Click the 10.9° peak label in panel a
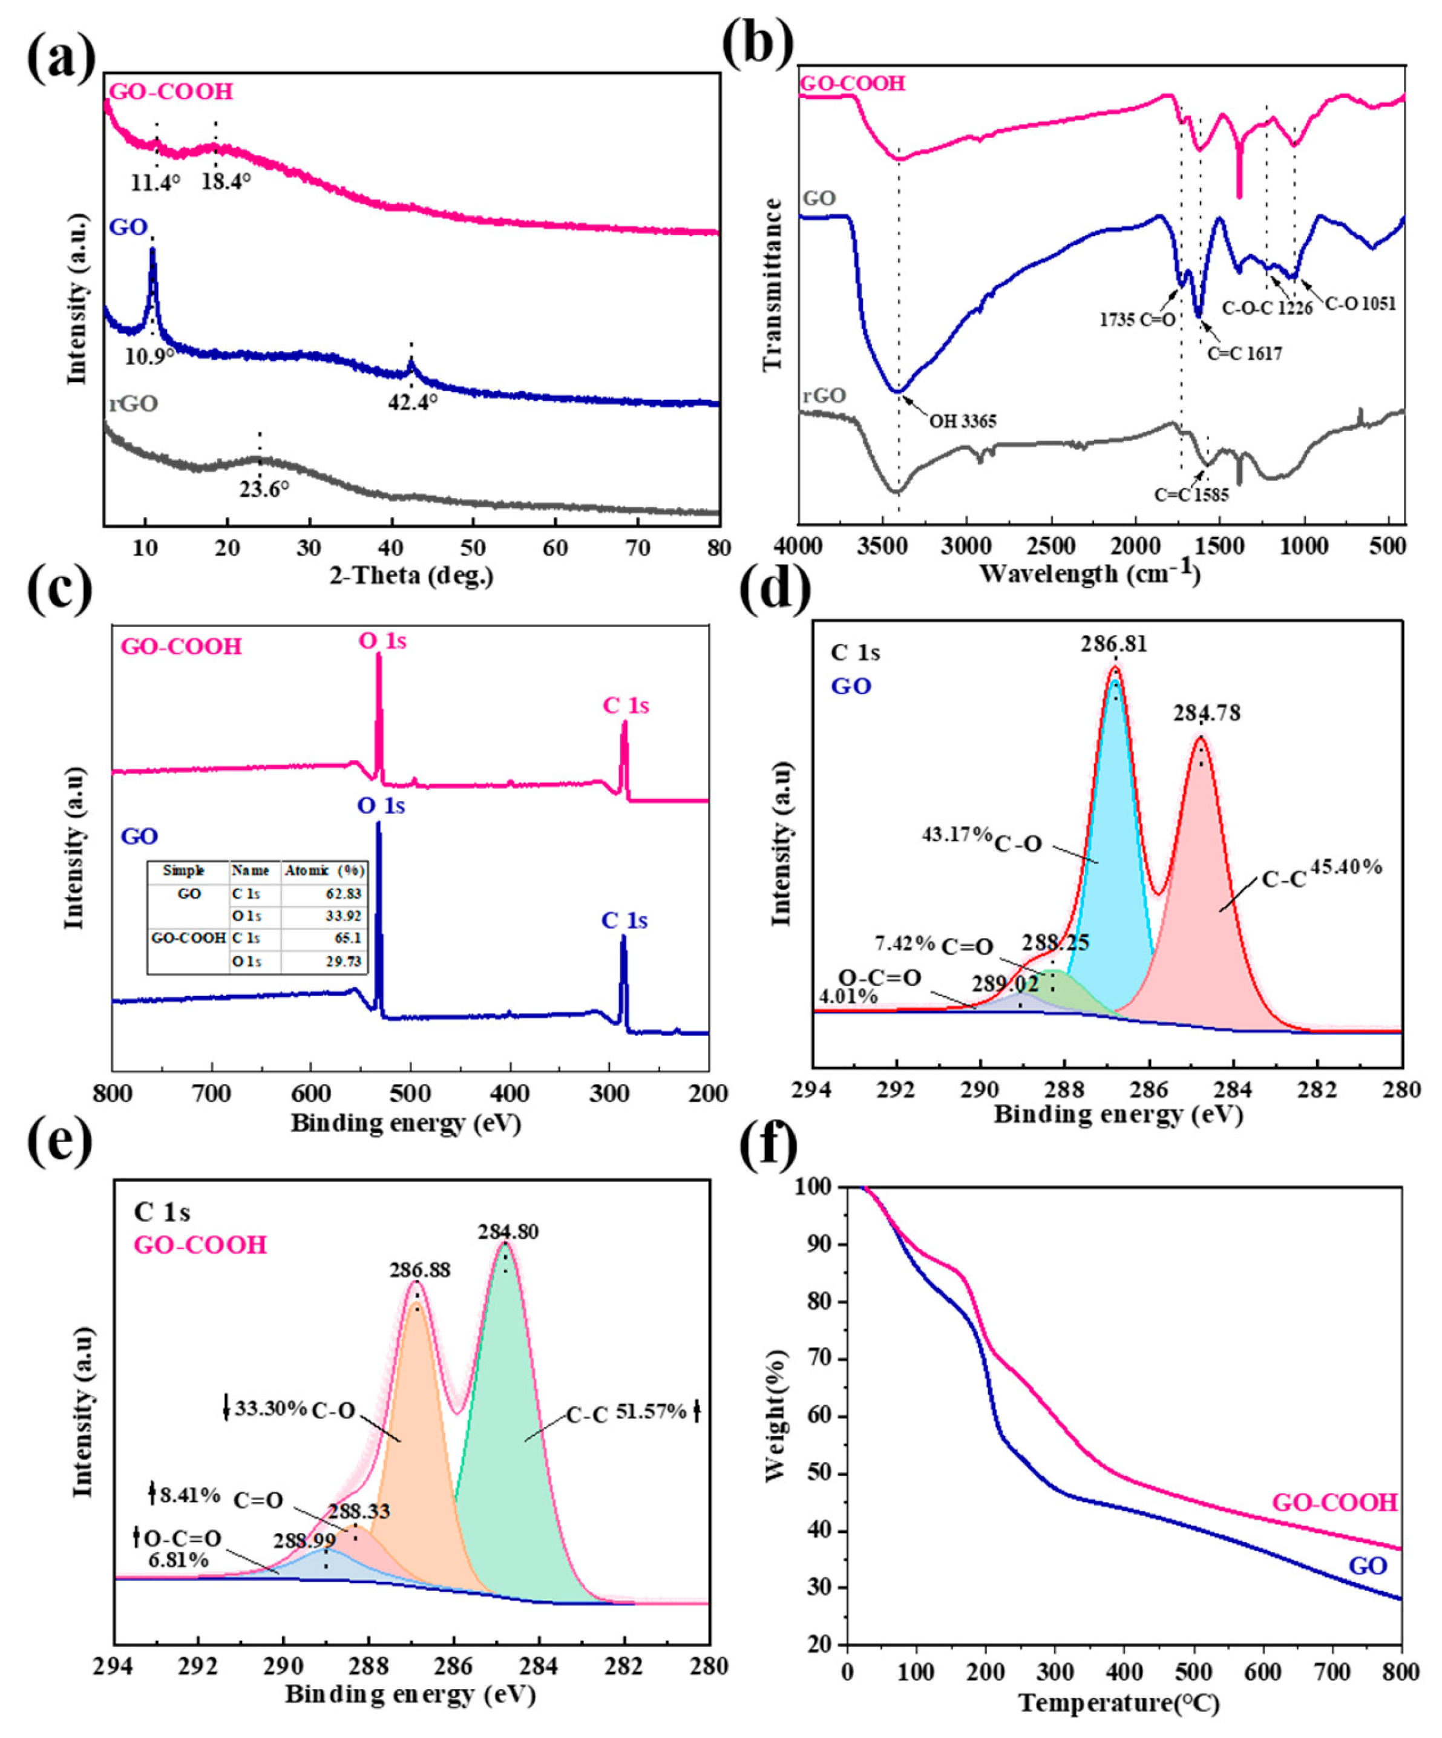coord(150,356)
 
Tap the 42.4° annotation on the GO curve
coord(413,403)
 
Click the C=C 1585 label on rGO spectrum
coord(1192,496)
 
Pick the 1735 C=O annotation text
coord(1138,320)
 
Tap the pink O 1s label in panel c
coord(382,641)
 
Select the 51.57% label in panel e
coord(652,1411)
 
